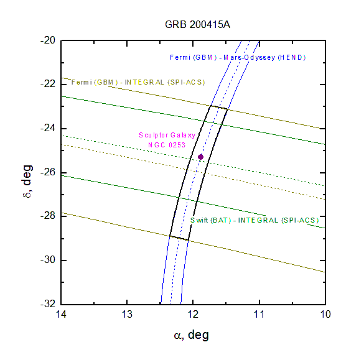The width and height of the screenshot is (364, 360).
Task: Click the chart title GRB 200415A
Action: [x=197, y=25]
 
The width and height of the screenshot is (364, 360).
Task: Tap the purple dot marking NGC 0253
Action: [x=200, y=157]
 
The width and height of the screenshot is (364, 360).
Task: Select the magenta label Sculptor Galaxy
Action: [x=167, y=135]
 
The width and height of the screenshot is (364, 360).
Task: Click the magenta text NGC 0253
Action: [x=167, y=145]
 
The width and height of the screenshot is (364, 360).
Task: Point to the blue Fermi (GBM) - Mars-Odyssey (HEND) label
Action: [x=238, y=57]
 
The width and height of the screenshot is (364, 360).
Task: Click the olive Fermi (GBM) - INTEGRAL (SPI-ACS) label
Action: [x=138, y=82]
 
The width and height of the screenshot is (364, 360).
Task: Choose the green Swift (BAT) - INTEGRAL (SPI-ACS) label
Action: [x=254, y=220]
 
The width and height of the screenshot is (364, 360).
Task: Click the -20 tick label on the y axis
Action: [x=48, y=40]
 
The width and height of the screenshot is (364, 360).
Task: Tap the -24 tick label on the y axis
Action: [x=48, y=128]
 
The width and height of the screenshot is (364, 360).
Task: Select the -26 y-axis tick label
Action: [x=48, y=172]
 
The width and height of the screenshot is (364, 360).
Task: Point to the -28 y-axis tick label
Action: [x=48, y=216]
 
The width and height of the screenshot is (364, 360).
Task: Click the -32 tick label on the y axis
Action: [x=48, y=303]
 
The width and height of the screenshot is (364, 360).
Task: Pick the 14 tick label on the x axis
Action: [x=61, y=315]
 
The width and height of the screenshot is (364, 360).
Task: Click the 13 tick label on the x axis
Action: [x=127, y=315]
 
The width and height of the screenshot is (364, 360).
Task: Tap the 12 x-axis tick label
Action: [x=193, y=315]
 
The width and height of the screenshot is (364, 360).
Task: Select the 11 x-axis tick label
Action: [x=259, y=315]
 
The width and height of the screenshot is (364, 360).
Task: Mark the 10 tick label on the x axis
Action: [x=325, y=315]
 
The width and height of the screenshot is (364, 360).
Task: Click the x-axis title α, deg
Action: [x=192, y=335]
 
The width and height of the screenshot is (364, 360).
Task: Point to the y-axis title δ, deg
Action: [x=27, y=181]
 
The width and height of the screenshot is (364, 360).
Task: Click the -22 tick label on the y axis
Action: [x=48, y=84]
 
